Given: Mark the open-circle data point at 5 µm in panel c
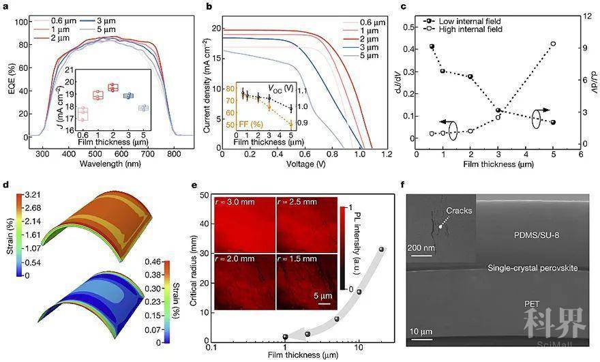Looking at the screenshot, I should [553, 44].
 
